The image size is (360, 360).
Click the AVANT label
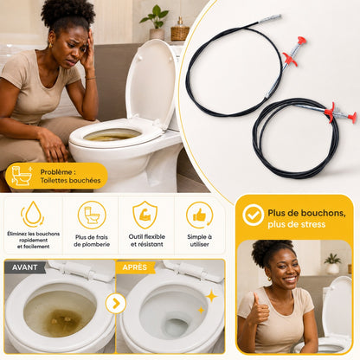pos(25,267)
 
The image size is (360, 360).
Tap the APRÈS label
pos(135,267)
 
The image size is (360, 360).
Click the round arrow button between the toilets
pos(116,304)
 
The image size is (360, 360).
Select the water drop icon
pos(33,214)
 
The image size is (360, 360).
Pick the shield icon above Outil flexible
pos(145,215)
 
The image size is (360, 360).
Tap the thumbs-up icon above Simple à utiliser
pos(199,215)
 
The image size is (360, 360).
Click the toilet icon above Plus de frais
pos(92,215)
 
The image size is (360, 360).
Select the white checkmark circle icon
pos(253,215)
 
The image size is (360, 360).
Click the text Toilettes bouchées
pos(70,181)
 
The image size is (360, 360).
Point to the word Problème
pos(56,172)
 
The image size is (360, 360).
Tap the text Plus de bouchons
pos(306,213)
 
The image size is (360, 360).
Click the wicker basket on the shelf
pos(180,33)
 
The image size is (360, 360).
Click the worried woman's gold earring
pos(50,45)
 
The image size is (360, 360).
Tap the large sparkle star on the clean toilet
pos(211,296)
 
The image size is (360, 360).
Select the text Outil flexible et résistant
pos(147,241)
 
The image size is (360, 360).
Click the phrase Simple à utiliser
pos(199,241)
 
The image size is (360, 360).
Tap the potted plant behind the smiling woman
pos(332,263)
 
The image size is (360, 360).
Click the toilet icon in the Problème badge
pos(22,176)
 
